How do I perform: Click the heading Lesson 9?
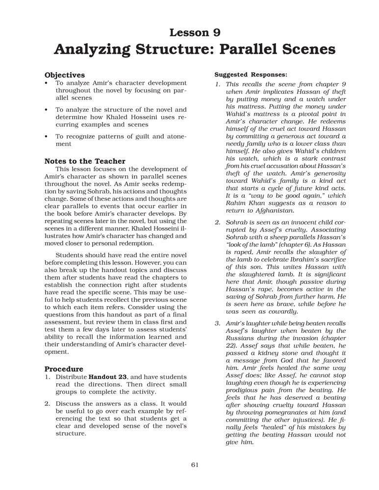point(195,33)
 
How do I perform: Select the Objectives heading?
point(65,75)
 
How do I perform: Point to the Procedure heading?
point(64,368)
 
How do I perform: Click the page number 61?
point(194,465)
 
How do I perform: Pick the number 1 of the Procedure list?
point(47,377)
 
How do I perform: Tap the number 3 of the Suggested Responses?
point(217,324)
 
